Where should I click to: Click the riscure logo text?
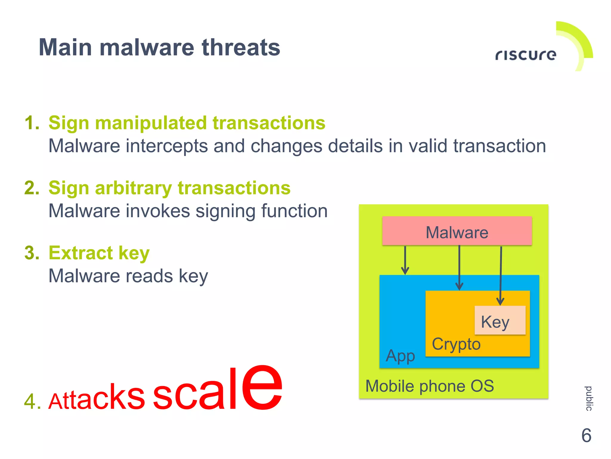coord(526,55)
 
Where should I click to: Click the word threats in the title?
coord(241,47)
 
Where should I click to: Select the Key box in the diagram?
coord(500,320)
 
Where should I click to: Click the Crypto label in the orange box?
coord(456,344)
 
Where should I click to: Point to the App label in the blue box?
coord(400,356)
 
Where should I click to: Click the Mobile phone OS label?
coord(429,386)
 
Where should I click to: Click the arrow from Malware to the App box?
coord(405,260)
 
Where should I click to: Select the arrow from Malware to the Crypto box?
coord(459,267)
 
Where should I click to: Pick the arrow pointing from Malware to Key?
coord(501,275)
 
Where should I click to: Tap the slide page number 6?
coord(586,435)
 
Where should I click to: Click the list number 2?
coord(32,188)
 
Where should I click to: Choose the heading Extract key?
coord(99,253)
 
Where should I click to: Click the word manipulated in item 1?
coord(151,123)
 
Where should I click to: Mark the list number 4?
coord(32,401)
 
